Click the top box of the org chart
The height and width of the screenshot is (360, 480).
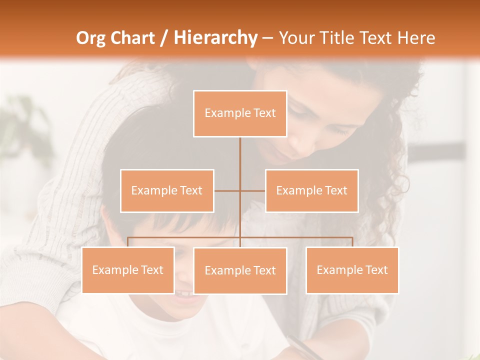pos(240,113)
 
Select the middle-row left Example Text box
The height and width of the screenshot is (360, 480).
pos(167,190)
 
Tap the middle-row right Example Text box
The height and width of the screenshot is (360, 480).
pos(312,190)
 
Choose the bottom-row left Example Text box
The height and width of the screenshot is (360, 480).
pos(128,270)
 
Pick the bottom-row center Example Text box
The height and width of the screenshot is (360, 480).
pos(240,270)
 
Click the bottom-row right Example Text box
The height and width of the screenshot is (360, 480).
pos(352,270)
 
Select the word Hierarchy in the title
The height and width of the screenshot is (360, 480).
pos(215,38)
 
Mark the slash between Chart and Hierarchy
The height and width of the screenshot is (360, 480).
pos(164,38)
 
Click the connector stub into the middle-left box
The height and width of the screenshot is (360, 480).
pos(226,190)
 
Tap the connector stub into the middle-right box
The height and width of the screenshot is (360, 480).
pos(253,190)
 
